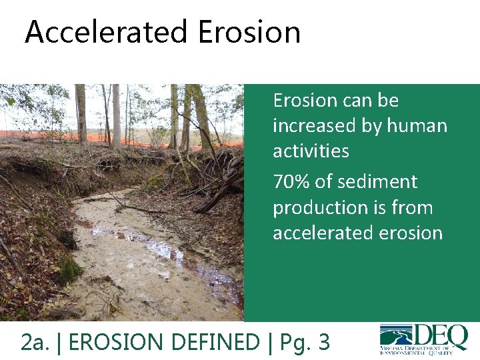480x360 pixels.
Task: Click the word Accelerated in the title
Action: tap(107, 32)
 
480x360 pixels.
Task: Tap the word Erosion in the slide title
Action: tap(249, 32)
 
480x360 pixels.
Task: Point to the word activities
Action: tap(311, 151)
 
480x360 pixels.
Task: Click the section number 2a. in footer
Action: tap(36, 342)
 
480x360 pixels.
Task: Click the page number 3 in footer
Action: tap(323, 342)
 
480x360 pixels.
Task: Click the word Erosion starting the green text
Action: tap(305, 101)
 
